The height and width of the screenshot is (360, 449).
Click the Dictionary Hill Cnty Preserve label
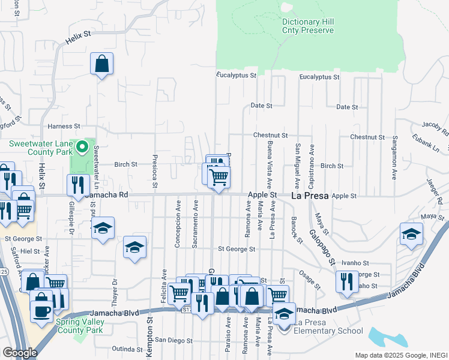308,26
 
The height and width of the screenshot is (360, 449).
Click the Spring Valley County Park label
97,325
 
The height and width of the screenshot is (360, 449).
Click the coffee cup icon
42,313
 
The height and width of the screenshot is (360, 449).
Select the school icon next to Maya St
411,235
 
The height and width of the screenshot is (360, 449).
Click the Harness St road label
64,127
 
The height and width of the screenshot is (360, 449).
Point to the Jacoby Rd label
435,125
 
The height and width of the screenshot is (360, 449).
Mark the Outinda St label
126,349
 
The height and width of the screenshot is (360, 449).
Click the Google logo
20,352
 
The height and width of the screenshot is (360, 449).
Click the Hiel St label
29,252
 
